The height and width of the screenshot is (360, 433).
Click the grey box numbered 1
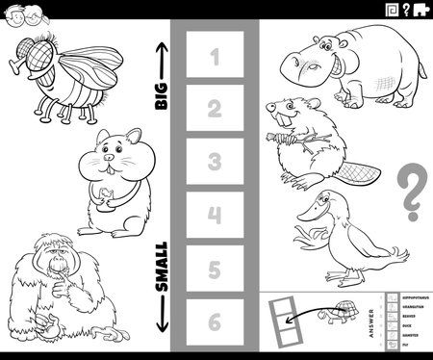(x=214, y=59)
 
